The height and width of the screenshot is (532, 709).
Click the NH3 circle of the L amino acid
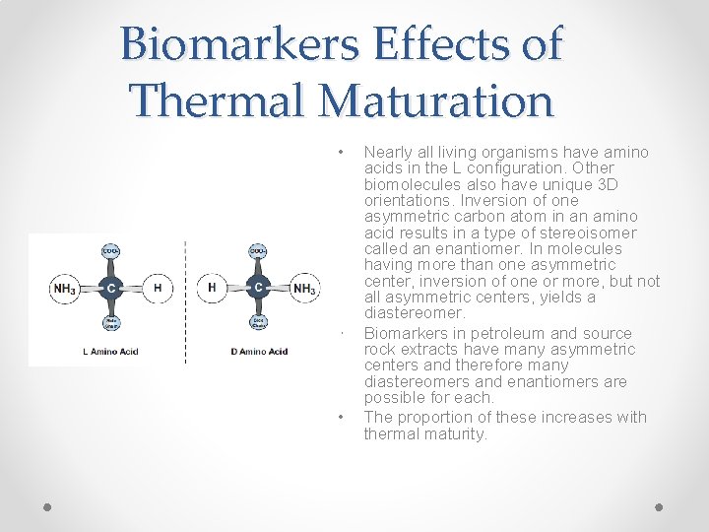(63, 289)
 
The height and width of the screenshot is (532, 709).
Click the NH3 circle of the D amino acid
(304, 289)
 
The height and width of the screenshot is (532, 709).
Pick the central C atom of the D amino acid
(257, 289)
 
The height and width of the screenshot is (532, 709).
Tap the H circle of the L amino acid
(157, 289)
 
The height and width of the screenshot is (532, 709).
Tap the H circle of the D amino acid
(212, 289)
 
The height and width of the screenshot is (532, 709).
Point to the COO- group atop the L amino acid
(111, 251)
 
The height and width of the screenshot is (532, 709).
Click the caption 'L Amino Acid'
(109, 351)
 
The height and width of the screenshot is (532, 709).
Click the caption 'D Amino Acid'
(259, 351)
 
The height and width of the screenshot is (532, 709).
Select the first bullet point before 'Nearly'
(340, 153)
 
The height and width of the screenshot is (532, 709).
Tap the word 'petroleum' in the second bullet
(492, 333)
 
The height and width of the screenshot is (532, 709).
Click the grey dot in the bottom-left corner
(48, 506)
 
